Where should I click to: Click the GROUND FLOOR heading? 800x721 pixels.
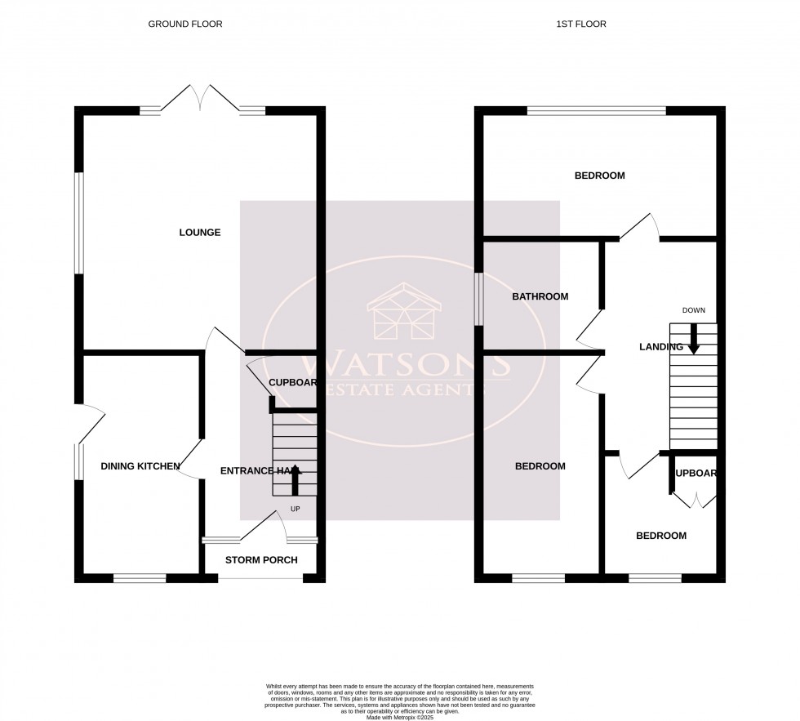(x=184, y=24)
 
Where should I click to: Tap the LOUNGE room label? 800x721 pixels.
(x=200, y=233)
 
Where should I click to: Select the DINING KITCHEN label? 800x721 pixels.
(x=140, y=466)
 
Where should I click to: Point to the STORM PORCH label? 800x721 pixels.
(x=260, y=560)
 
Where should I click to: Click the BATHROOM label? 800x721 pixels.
(x=540, y=296)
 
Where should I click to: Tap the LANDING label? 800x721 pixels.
(x=660, y=347)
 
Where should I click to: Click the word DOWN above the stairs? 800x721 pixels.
(x=693, y=310)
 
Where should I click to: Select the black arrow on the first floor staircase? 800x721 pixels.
(x=693, y=339)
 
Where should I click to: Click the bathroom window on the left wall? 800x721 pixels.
(x=479, y=296)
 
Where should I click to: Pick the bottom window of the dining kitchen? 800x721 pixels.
(x=140, y=579)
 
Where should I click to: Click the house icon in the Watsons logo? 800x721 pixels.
(x=405, y=313)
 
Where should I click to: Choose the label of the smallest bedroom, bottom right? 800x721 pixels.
(x=661, y=536)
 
